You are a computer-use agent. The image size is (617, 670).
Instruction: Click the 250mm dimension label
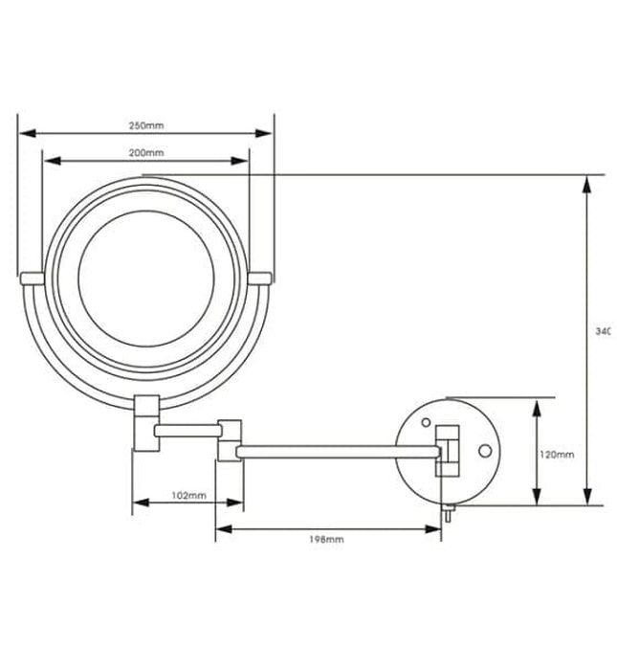coord(146,125)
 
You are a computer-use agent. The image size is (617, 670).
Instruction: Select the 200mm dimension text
coord(146,153)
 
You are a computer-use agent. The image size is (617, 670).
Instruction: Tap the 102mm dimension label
coord(188,495)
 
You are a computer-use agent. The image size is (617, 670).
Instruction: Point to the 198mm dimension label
coord(327,540)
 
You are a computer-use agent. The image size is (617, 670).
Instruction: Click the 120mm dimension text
coord(556,455)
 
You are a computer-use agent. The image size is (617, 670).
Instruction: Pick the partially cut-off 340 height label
coord(602,331)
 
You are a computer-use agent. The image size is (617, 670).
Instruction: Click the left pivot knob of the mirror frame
coord(32,278)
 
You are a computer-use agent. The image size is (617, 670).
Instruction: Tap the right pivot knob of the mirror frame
coord(261,278)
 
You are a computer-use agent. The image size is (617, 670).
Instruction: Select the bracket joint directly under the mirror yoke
coord(145,422)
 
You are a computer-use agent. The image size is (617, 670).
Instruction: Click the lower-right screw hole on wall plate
coord(484,449)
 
